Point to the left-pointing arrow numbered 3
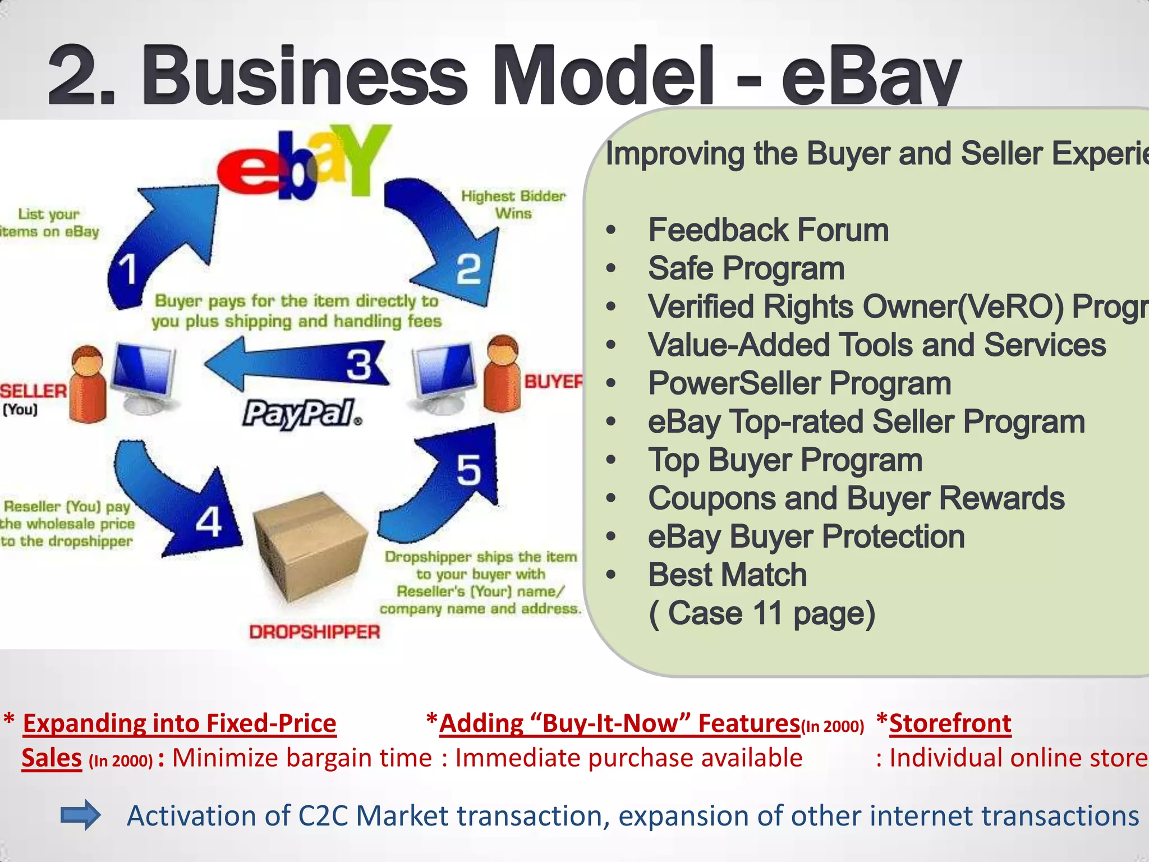coord(297,365)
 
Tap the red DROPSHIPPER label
coord(314,632)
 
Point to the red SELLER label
coord(34,391)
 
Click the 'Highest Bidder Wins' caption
coord(513,204)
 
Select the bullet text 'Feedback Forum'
coord(768,230)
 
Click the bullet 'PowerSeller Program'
coord(799,383)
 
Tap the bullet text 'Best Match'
coord(727,575)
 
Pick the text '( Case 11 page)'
coord(761,613)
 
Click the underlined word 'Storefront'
coord(950,723)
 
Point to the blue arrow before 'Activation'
coord(80,815)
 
